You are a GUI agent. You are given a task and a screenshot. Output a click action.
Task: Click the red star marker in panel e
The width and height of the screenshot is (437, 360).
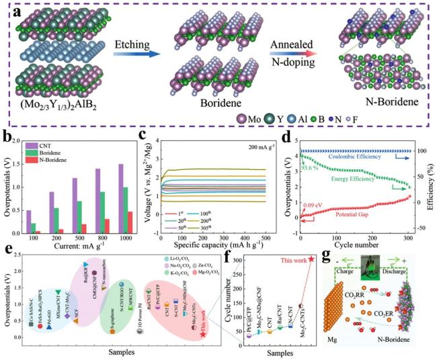click(203, 334)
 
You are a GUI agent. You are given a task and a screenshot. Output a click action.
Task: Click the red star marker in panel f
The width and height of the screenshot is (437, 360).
click(311, 259)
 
